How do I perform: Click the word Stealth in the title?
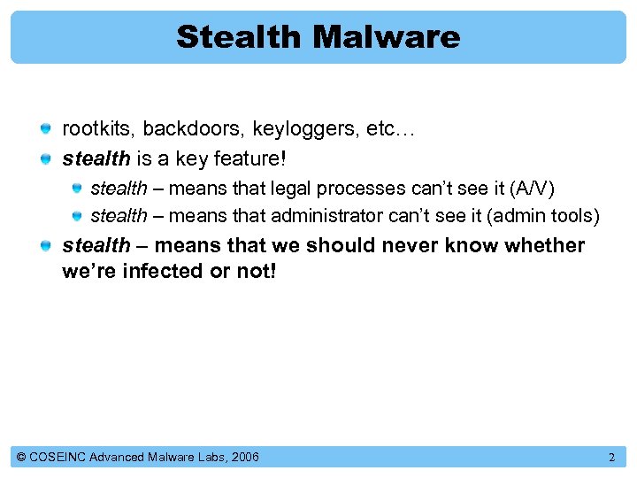[x=239, y=37]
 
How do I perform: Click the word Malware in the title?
[x=386, y=37]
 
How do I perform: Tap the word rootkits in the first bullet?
[x=97, y=129]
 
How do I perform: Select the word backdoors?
[x=192, y=129]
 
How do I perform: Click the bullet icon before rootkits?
[x=45, y=130]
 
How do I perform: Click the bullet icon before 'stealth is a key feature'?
[x=45, y=159]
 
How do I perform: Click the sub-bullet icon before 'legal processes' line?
[x=77, y=189]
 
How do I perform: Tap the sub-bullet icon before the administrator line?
[x=77, y=216]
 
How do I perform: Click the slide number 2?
[x=611, y=458]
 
